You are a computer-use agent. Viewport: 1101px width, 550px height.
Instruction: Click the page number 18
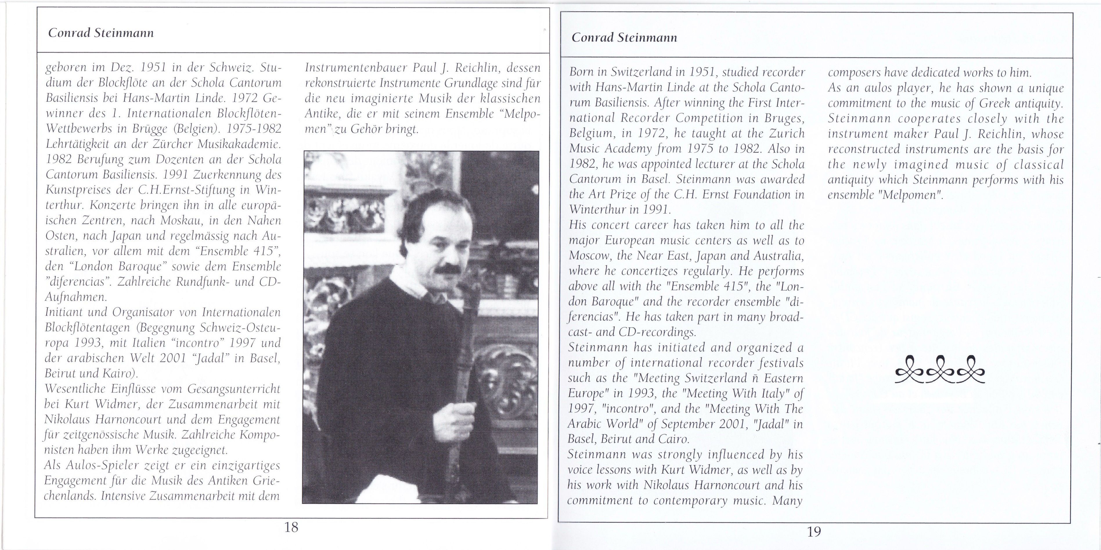291,527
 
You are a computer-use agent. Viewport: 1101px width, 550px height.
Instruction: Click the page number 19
814,532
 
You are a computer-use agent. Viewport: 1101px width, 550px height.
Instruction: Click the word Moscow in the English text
590,256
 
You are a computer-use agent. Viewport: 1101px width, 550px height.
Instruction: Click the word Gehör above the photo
366,129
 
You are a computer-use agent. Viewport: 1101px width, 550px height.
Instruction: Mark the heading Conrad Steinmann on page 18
101,33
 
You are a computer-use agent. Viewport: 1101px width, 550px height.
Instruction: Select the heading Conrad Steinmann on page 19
624,38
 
